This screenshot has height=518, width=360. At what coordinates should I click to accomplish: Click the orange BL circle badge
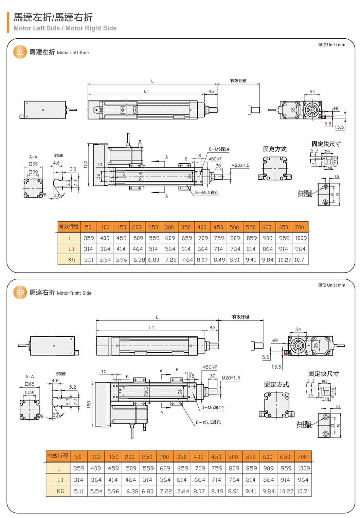click(20, 52)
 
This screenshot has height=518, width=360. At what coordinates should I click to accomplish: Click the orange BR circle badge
click(20, 293)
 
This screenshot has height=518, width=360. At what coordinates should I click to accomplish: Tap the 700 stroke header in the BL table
click(299, 227)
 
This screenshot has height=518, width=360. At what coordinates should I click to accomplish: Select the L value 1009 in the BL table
click(301, 238)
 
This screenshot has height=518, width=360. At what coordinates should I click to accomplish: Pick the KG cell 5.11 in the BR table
click(79, 491)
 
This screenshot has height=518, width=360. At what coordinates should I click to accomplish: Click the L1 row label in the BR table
click(60, 480)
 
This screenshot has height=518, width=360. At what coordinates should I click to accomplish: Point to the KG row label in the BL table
click(72, 260)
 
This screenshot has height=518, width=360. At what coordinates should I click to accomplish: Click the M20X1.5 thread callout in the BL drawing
click(240, 165)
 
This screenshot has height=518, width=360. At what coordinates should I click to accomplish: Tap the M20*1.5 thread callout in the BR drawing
click(231, 378)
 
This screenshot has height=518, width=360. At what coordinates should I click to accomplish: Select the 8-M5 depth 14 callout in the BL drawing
click(219, 149)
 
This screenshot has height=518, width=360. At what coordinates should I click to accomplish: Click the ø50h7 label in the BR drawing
click(210, 367)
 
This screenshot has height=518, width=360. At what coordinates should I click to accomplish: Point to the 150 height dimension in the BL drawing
click(86, 164)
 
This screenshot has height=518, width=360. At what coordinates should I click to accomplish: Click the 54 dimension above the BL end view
click(312, 92)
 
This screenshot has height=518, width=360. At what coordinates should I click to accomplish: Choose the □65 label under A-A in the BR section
click(30, 384)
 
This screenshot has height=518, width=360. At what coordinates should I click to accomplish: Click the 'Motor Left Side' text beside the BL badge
click(73, 53)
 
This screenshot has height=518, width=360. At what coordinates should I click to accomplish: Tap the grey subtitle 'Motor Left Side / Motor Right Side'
click(65, 28)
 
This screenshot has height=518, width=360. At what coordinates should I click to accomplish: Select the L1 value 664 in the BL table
click(202, 249)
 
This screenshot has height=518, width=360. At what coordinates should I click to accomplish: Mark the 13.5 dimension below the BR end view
click(276, 367)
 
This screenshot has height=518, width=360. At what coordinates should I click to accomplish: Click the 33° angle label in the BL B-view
click(57, 196)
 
